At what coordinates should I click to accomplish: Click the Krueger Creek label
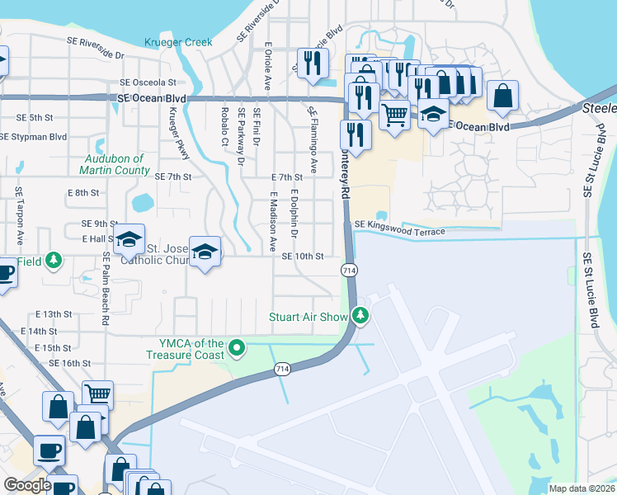[x=177, y=42]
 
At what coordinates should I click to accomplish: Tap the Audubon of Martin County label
[x=115, y=163]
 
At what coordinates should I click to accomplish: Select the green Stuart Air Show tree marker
[x=360, y=315]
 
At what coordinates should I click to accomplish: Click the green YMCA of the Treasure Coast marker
[x=238, y=348]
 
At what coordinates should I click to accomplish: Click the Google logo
[x=27, y=485]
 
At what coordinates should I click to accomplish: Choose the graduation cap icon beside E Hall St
[x=130, y=238]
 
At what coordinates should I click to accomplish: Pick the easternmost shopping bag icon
[x=502, y=95]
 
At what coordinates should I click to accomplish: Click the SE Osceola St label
[x=148, y=82]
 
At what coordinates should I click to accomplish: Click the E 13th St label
[x=54, y=314]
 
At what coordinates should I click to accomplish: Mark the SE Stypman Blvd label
[x=34, y=136]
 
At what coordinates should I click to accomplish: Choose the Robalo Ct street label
[x=224, y=125]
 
